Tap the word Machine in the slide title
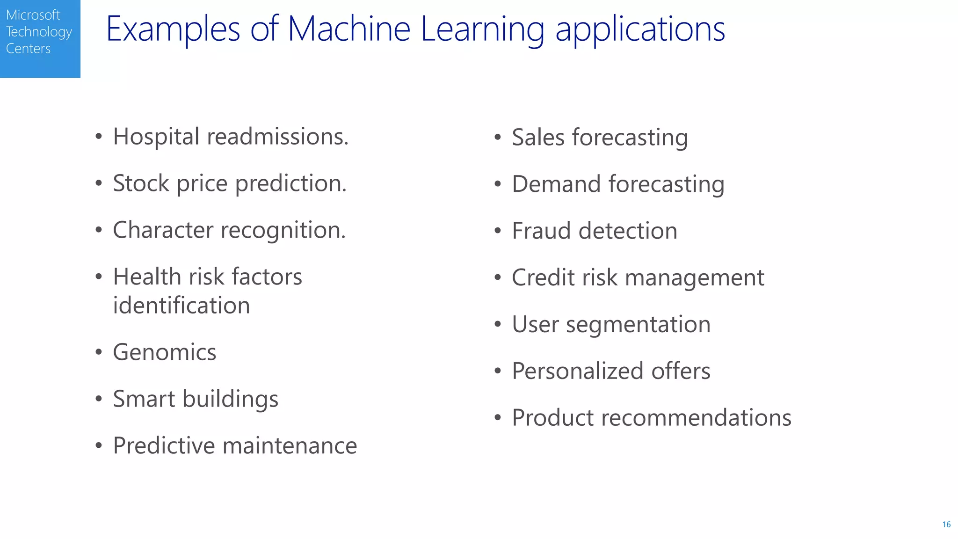349,29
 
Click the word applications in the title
640,29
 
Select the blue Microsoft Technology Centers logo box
40,38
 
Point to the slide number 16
946,524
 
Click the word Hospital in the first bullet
156,137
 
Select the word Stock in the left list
141,183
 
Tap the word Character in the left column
163,230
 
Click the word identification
181,306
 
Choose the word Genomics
165,352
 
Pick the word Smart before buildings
144,399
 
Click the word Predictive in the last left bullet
164,445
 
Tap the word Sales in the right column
538,138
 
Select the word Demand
556,184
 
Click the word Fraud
541,231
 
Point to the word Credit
543,277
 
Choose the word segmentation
638,325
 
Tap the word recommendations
696,418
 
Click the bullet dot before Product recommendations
498,417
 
